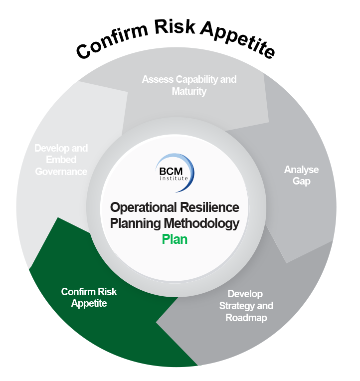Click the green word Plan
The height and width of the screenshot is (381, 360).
click(175, 239)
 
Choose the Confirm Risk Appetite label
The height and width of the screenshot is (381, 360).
click(89, 297)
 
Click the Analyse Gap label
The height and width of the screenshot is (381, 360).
click(301, 175)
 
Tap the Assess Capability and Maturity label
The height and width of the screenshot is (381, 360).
click(189, 85)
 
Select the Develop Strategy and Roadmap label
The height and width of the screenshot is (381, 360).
click(246, 306)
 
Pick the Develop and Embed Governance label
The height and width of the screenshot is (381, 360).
click(61, 160)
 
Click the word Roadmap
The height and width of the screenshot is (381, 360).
click(246, 318)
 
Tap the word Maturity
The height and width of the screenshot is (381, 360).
click(189, 91)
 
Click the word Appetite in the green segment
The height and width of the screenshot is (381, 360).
click(89, 303)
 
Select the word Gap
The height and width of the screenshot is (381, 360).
click(301, 181)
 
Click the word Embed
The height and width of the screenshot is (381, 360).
click(61, 160)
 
